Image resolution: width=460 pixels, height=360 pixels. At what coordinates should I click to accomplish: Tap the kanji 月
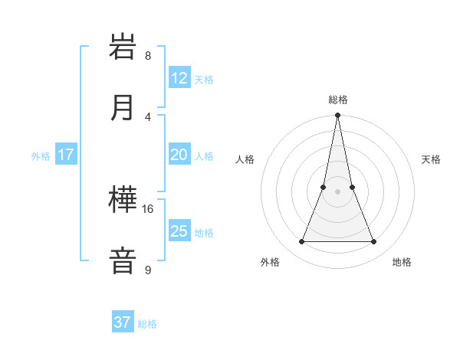(123, 108)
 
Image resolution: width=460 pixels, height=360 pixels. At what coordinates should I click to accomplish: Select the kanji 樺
(123, 201)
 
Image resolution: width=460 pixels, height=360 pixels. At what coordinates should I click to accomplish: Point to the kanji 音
(123, 260)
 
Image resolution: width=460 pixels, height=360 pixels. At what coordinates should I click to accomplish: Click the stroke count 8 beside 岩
(148, 56)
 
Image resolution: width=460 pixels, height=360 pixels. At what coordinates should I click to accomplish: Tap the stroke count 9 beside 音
(148, 270)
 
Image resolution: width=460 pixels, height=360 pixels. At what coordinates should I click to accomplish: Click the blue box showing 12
(179, 79)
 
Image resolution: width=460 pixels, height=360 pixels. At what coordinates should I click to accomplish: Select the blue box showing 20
(179, 155)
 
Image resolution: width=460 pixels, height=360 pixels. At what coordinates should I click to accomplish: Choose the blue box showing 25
(179, 231)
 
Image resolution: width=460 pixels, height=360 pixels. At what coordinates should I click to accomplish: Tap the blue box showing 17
(66, 155)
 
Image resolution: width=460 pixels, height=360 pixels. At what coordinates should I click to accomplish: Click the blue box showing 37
(123, 322)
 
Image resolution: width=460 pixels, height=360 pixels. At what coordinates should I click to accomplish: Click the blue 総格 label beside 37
(147, 323)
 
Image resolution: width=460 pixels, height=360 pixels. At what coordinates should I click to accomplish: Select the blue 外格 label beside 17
(41, 155)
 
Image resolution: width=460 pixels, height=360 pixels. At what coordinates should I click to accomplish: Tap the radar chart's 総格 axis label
(337, 100)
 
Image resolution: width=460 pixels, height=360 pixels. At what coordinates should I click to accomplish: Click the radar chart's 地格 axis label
(402, 262)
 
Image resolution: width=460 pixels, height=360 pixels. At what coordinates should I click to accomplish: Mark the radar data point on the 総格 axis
(337, 116)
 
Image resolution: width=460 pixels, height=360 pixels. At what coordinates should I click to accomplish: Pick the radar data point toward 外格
(301, 242)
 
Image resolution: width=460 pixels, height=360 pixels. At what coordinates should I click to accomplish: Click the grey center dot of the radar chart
(337, 191)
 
